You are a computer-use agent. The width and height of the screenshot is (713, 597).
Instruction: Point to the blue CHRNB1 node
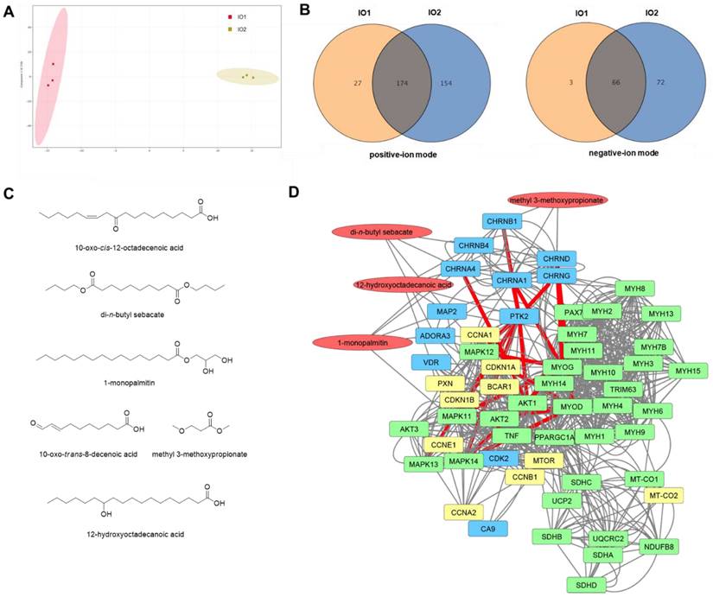[x=502, y=222]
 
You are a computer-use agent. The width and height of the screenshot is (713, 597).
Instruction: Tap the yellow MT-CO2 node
[x=664, y=495]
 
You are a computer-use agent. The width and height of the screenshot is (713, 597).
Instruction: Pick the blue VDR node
[x=430, y=361]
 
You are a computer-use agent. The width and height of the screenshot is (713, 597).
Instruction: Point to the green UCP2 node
[x=558, y=500]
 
